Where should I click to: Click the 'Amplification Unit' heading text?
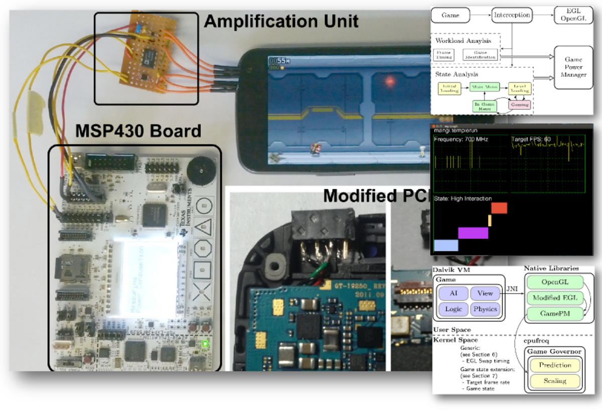click(281, 21)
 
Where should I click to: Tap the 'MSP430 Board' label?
click(138, 131)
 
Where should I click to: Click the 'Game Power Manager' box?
click(573, 67)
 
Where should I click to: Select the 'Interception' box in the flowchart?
click(511, 15)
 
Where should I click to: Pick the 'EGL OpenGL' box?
click(573, 16)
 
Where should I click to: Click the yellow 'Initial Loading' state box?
click(449, 88)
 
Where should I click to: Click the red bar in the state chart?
click(500, 208)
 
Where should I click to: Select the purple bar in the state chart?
click(473, 233)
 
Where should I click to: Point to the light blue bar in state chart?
click(446, 245)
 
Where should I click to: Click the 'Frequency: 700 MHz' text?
click(461, 139)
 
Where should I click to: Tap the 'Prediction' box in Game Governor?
click(555, 365)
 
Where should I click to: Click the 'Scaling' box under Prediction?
click(555, 381)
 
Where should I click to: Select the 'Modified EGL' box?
click(555, 298)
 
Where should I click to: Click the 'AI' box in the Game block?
click(454, 294)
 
